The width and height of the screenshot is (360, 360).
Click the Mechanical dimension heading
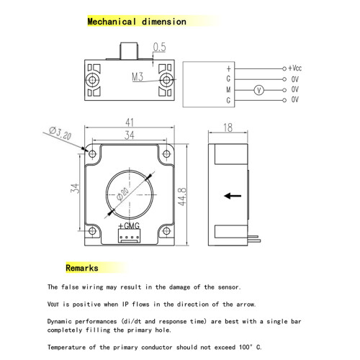click(x=137, y=22)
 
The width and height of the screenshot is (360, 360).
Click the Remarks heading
click(x=82, y=268)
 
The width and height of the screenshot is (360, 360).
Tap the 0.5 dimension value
click(x=160, y=47)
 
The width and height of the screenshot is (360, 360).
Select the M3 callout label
click(x=138, y=77)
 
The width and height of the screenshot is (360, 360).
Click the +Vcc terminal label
click(x=295, y=68)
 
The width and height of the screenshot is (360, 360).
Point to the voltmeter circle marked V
click(x=258, y=90)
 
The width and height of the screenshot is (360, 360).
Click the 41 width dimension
click(x=130, y=122)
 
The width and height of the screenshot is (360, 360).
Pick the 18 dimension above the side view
click(x=228, y=127)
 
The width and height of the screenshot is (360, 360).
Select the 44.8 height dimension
click(x=182, y=197)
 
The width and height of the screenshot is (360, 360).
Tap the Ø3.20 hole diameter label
click(x=60, y=133)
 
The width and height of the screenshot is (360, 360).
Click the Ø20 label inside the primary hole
click(x=122, y=194)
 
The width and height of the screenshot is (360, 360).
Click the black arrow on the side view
click(x=233, y=196)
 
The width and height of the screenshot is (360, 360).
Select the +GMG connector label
click(x=129, y=226)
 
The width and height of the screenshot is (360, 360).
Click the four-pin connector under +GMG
click(x=129, y=235)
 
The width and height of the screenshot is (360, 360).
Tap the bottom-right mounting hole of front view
click(x=166, y=231)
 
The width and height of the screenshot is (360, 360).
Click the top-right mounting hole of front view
click(x=166, y=153)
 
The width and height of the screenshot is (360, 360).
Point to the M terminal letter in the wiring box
click(x=228, y=90)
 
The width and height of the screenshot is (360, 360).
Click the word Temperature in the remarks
click(x=66, y=347)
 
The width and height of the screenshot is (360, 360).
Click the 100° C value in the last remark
click(x=250, y=347)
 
